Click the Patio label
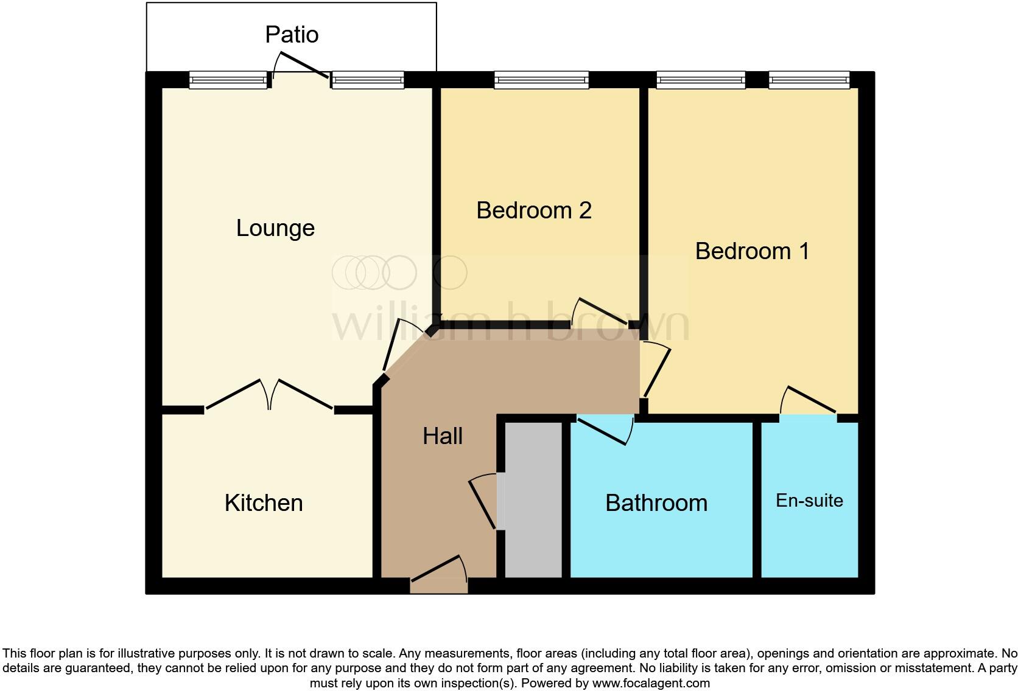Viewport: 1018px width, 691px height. point(292,35)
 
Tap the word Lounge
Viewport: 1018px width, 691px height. point(275,228)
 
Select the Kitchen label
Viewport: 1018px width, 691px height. point(264,503)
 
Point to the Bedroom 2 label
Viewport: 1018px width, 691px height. point(534,210)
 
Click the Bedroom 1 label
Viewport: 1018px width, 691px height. point(752,251)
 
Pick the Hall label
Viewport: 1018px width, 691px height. point(443,436)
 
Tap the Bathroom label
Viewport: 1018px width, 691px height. point(657,503)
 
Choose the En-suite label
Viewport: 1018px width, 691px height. point(809,501)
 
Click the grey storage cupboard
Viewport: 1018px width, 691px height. point(533,500)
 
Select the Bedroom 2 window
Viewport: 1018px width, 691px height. point(541,80)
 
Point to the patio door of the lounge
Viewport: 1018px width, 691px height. point(300,65)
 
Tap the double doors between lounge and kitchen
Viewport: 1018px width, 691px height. point(270,395)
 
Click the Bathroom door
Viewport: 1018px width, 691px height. point(605,430)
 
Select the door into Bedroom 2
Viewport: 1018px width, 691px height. point(600,313)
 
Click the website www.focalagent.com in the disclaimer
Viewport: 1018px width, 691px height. point(651,683)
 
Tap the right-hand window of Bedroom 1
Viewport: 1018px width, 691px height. point(809,80)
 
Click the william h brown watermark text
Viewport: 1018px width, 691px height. point(510,321)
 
